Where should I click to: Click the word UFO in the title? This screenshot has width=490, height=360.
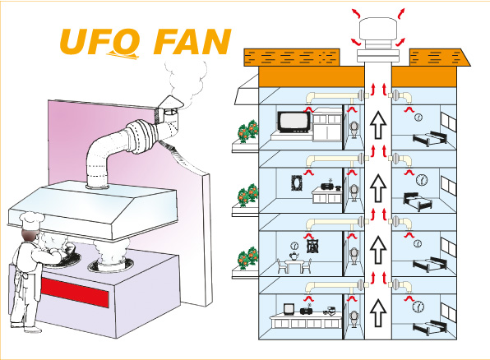99,42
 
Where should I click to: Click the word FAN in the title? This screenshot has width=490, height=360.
192,42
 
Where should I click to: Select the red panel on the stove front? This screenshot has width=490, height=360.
75,293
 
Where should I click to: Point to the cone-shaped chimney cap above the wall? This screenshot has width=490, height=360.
169,102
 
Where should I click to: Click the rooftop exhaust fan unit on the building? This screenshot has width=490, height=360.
378,40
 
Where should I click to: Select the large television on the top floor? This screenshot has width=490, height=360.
294,122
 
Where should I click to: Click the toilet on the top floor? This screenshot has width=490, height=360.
354,128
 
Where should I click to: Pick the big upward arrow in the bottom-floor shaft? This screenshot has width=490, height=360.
378,312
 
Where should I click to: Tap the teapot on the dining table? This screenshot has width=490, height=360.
294,256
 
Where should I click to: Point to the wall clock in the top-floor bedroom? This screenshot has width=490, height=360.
418,118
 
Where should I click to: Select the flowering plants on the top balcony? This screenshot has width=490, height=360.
248,132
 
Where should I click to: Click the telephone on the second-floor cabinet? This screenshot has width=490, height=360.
337,187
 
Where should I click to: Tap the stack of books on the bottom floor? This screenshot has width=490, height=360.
330,311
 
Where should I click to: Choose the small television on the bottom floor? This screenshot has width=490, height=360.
289,309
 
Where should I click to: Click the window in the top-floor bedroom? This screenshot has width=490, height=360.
448,122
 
